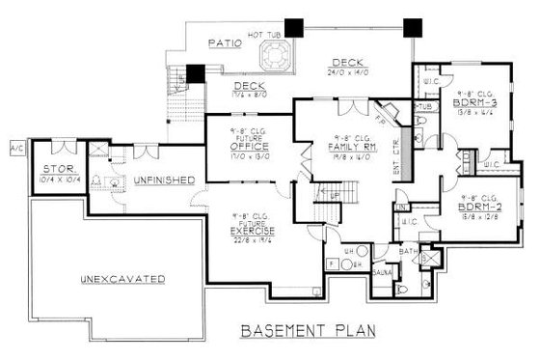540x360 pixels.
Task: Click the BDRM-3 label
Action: pos(475,101)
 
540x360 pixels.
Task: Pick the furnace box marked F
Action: pos(332,263)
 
